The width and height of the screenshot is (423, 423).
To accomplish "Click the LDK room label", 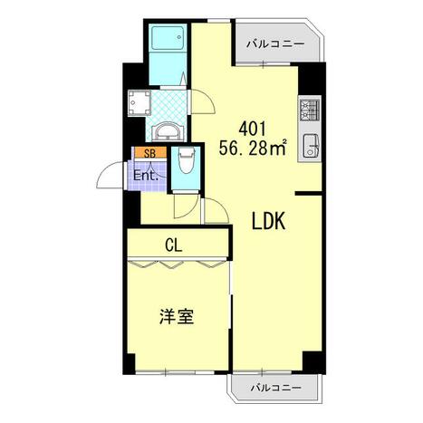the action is pos(268,221).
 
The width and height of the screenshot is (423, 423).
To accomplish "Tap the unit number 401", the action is pos(253,129).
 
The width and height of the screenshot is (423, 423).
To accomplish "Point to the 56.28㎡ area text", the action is pos(253,148).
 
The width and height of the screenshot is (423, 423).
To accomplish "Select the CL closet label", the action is pos(174,245).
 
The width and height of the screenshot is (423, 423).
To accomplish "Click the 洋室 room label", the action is pos(177,316).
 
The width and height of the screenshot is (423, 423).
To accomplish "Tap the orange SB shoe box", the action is pos(150,153).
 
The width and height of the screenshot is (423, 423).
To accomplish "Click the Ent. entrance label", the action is pos(146,176).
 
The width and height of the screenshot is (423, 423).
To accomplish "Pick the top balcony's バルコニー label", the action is pos(275,44).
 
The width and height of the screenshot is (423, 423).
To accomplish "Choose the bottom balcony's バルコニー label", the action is pos(276,387).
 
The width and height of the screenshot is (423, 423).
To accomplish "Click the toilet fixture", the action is pos(185,161).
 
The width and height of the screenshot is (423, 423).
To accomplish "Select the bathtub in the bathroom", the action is pos(168,38).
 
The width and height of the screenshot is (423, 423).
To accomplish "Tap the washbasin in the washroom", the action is pos(168,132).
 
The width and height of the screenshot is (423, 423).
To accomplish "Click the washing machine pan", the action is pos(139,102).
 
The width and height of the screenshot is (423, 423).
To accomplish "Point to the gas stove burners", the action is pos(310,111).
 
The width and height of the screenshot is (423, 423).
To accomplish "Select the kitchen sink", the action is pos(311,145).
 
